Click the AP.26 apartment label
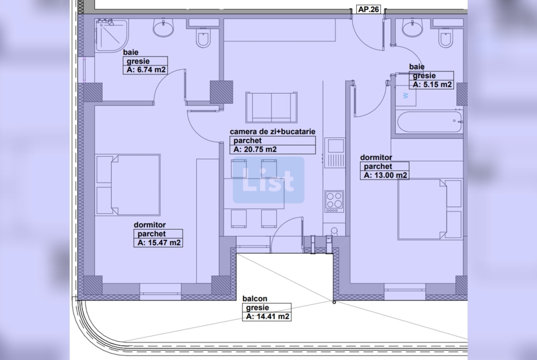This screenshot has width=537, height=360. pos(369,9)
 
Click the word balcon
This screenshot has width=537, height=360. pos(255,299)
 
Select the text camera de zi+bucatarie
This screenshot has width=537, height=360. pos(273,132)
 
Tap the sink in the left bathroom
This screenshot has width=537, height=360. pos(163,28)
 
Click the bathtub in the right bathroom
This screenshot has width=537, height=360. pos(429,122)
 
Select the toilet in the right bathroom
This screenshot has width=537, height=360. pos(446,36)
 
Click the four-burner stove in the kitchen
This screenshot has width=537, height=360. pos(334,202)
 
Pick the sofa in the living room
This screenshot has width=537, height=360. pos(272,107)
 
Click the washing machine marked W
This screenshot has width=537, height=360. pos(406,95)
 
